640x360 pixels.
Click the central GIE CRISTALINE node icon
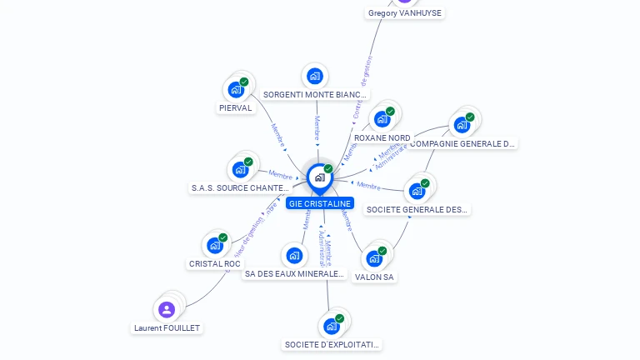click(319, 177)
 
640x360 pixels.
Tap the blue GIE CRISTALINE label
click(320, 203)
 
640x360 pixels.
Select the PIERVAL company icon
click(236, 89)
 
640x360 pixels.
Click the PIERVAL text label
click(235, 107)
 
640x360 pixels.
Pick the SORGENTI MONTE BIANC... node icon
click(314, 77)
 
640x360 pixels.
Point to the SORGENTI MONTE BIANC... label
click(315, 95)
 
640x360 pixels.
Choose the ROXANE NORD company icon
click(382, 118)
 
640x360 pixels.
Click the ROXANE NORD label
click(382, 137)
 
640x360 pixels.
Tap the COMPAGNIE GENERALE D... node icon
click(462, 125)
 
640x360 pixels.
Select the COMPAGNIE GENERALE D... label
click(462, 143)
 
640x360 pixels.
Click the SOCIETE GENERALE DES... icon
click(417, 191)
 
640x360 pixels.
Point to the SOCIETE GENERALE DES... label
click(417, 209)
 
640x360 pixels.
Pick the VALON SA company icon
click(374, 258)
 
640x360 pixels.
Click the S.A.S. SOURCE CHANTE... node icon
click(240, 169)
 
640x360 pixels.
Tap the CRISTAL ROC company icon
click(215, 245)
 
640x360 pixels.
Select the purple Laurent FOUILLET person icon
click(167, 309)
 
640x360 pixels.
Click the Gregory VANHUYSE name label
click(405, 12)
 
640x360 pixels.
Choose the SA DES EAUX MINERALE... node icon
click(293, 255)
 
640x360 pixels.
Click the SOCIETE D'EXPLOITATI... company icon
click(332, 326)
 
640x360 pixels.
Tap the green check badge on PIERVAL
click(244, 82)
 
